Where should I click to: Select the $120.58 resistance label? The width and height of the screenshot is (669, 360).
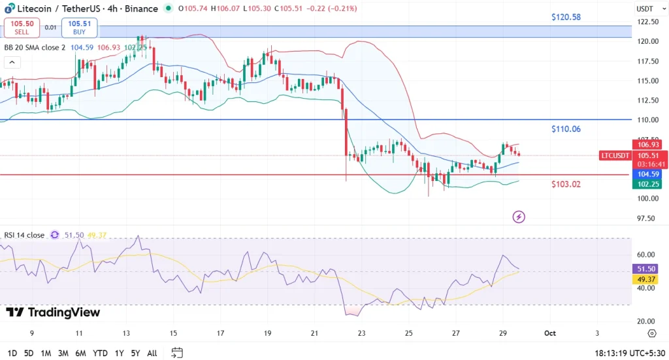tap(566, 17)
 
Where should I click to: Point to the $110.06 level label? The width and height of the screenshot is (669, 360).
tap(566, 129)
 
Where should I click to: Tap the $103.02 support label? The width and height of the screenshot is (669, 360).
tap(566, 184)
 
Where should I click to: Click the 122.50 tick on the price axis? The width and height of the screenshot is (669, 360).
tap(647, 22)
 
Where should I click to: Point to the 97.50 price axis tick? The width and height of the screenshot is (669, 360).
tap(647, 218)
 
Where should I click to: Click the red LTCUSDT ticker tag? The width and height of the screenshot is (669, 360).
tap(615, 155)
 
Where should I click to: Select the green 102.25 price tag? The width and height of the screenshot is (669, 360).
tap(649, 184)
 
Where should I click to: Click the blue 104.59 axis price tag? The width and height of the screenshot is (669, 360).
tap(649, 174)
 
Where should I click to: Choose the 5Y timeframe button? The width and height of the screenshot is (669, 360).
tap(135, 353)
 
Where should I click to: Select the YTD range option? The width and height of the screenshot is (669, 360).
tap(100, 353)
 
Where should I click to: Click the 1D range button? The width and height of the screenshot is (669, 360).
tap(12, 353)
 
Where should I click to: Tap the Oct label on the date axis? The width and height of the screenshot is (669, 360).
tap(550, 333)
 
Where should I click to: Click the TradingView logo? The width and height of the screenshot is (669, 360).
tap(54, 312)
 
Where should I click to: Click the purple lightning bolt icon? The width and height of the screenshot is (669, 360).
tap(519, 216)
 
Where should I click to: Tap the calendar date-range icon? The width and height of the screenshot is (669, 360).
tap(177, 353)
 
